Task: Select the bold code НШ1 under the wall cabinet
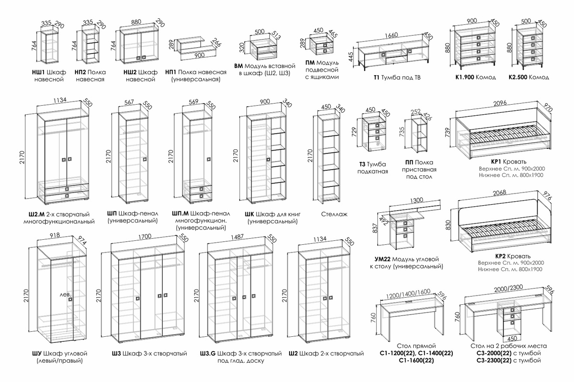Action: pos(39,72)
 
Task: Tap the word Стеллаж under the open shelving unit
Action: pos(334,214)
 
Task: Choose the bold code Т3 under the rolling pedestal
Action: pos(362,165)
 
